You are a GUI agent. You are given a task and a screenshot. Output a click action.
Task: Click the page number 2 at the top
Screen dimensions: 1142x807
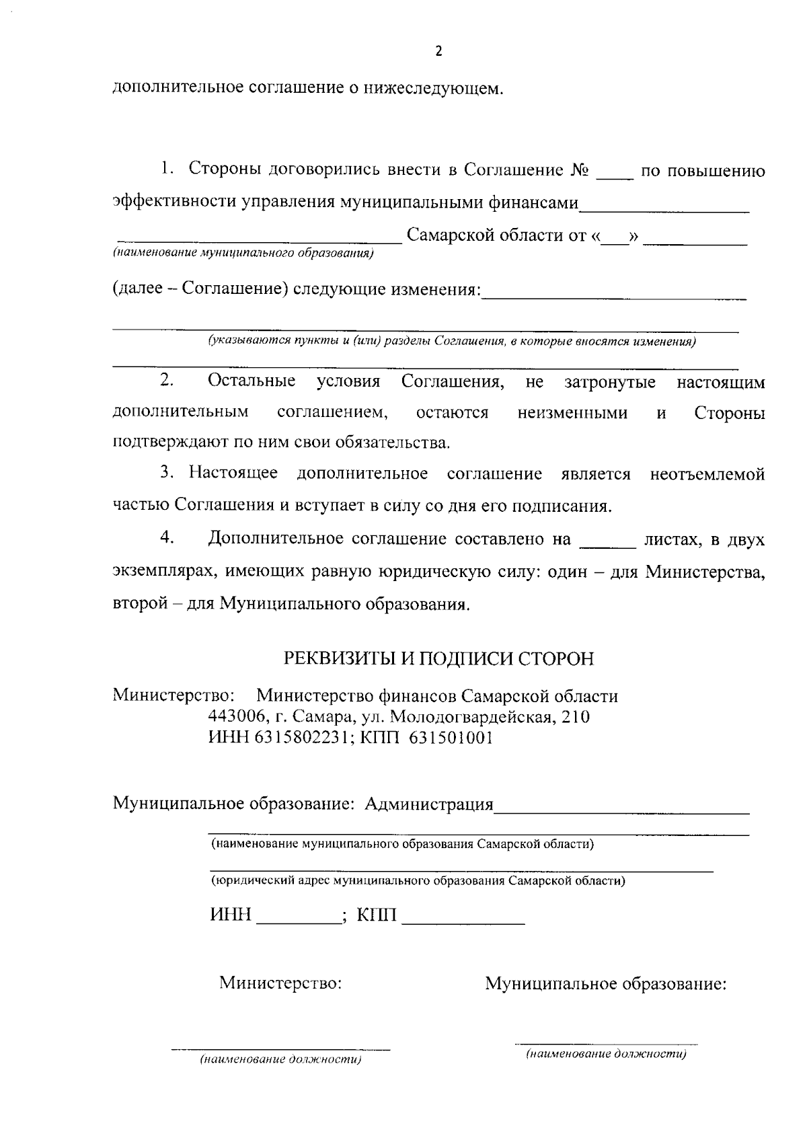[438, 52]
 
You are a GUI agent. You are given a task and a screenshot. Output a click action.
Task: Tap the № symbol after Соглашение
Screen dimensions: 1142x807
[579, 171]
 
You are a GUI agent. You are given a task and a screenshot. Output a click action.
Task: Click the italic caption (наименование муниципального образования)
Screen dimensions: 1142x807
[243, 254]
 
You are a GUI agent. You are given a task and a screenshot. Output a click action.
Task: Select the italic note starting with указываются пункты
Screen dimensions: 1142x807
[451, 341]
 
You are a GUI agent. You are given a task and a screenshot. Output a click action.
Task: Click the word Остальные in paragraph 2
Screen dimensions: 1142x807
[252, 382]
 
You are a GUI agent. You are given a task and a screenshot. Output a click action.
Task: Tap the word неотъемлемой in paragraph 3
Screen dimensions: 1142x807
[707, 474]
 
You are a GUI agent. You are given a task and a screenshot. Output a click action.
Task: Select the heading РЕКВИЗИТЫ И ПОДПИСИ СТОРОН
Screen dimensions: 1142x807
[438, 658]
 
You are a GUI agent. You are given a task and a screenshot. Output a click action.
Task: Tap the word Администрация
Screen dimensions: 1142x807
[429, 804]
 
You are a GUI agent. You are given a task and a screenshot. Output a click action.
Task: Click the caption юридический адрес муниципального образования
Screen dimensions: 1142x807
[418, 880]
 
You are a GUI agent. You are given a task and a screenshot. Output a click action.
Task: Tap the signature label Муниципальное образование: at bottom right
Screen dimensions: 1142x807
[606, 985]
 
